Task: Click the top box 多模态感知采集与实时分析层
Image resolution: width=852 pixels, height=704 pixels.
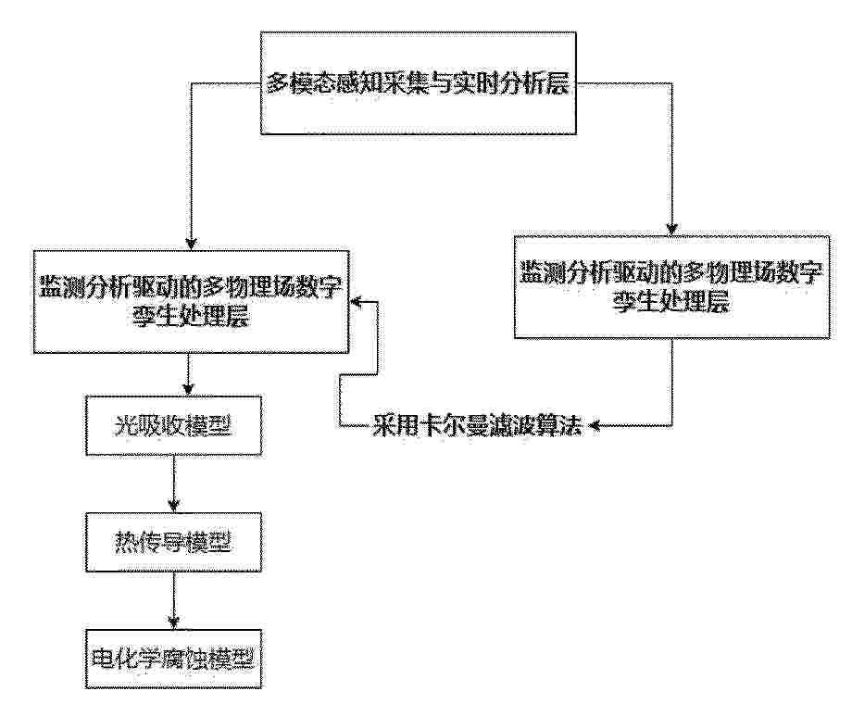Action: click(x=418, y=82)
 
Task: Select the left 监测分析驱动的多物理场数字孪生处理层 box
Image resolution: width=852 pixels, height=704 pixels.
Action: click(x=191, y=302)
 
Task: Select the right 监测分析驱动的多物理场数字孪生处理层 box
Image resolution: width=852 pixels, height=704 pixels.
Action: click(x=671, y=287)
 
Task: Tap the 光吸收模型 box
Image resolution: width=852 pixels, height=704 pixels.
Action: click(x=173, y=425)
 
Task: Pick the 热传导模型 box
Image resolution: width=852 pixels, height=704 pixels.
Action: click(x=173, y=542)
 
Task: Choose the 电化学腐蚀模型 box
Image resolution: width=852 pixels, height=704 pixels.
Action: click(x=173, y=659)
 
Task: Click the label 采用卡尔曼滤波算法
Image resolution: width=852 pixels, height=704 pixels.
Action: click(x=477, y=426)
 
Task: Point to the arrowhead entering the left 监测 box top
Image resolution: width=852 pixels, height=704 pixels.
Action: click(x=191, y=245)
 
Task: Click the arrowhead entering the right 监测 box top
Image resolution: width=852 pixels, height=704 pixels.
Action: click(x=672, y=230)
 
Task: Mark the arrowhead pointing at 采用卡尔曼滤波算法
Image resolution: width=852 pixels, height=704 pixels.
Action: click(x=595, y=426)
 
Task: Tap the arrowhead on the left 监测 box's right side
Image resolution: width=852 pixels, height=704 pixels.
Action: click(x=356, y=301)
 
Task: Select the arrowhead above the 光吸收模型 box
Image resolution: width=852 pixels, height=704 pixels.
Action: click(x=188, y=390)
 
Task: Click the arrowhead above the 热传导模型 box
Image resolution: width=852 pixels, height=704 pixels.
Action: click(x=174, y=507)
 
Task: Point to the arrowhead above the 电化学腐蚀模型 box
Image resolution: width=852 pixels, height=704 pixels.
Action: click(x=174, y=623)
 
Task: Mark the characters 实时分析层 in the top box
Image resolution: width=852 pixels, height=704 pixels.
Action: click(x=512, y=84)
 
